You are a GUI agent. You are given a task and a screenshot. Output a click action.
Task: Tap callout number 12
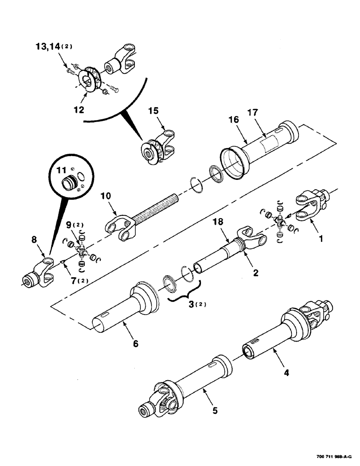78,110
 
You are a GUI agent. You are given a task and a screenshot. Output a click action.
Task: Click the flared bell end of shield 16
233,163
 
